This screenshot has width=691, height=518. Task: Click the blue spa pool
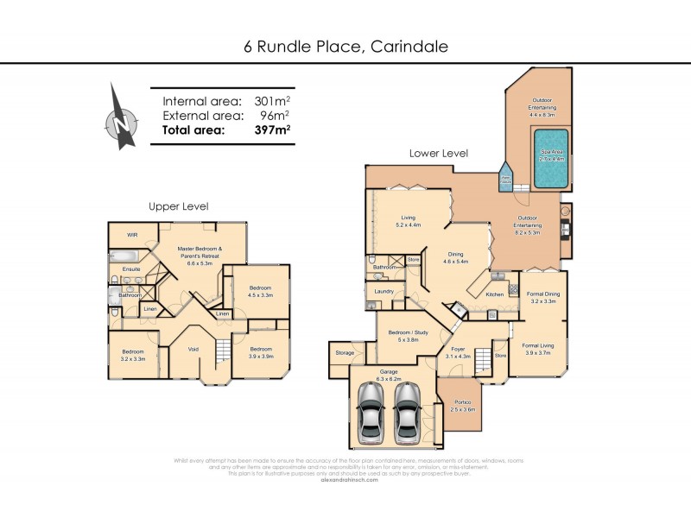pos(551,159)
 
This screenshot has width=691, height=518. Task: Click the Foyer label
pos(458,351)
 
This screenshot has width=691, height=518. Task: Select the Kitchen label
pos(494,294)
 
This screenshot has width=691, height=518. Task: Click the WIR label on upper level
pos(133,234)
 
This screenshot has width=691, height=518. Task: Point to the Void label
pos(193,349)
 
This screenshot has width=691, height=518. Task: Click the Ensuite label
pos(131,269)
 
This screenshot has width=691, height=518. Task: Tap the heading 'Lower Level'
pos(439,153)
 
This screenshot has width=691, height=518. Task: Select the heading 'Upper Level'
pos(178,206)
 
